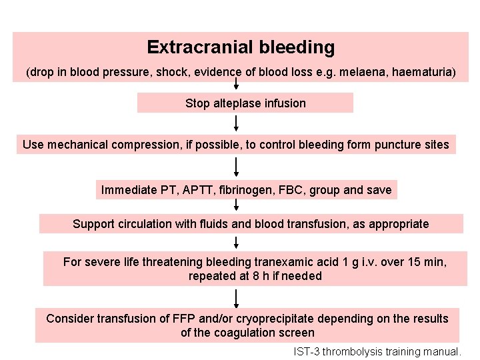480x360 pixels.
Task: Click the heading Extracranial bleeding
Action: pyautogui.click(x=241, y=47)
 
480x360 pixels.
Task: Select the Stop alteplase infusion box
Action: pyautogui.click(x=245, y=103)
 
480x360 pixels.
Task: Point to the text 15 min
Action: pyautogui.click(x=426, y=262)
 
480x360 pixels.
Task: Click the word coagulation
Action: pyautogui.click(x=243, y=333)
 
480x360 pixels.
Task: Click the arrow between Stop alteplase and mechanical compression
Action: pyautogui.click(x=236, y=123)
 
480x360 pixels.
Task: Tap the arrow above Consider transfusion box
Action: pyautogui.click(x=236, y=298)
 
